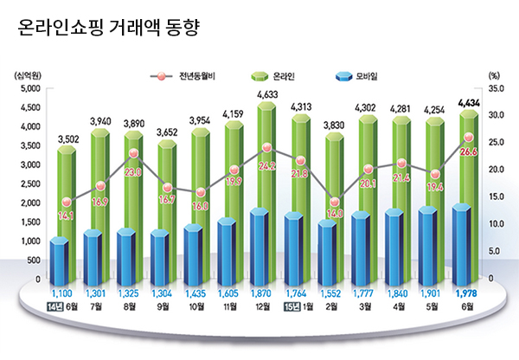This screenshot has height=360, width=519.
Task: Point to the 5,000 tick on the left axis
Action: (29, 89)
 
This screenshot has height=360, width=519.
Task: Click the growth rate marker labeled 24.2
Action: (266, 148)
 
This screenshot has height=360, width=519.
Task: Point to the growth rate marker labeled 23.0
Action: (132, 154)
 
